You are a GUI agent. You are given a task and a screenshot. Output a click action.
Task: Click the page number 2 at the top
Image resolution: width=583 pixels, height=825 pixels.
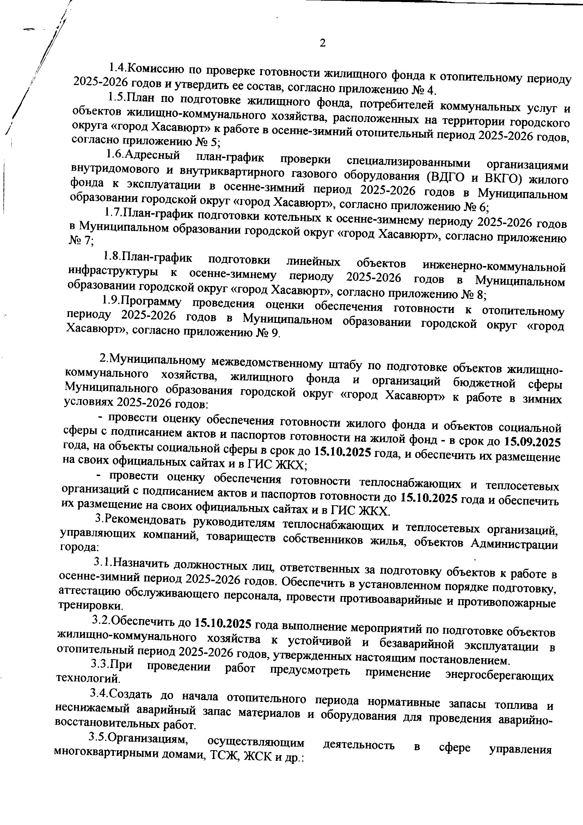click(323, 43)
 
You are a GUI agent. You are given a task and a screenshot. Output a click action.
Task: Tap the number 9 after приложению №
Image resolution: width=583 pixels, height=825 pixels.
click(275, 333)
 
